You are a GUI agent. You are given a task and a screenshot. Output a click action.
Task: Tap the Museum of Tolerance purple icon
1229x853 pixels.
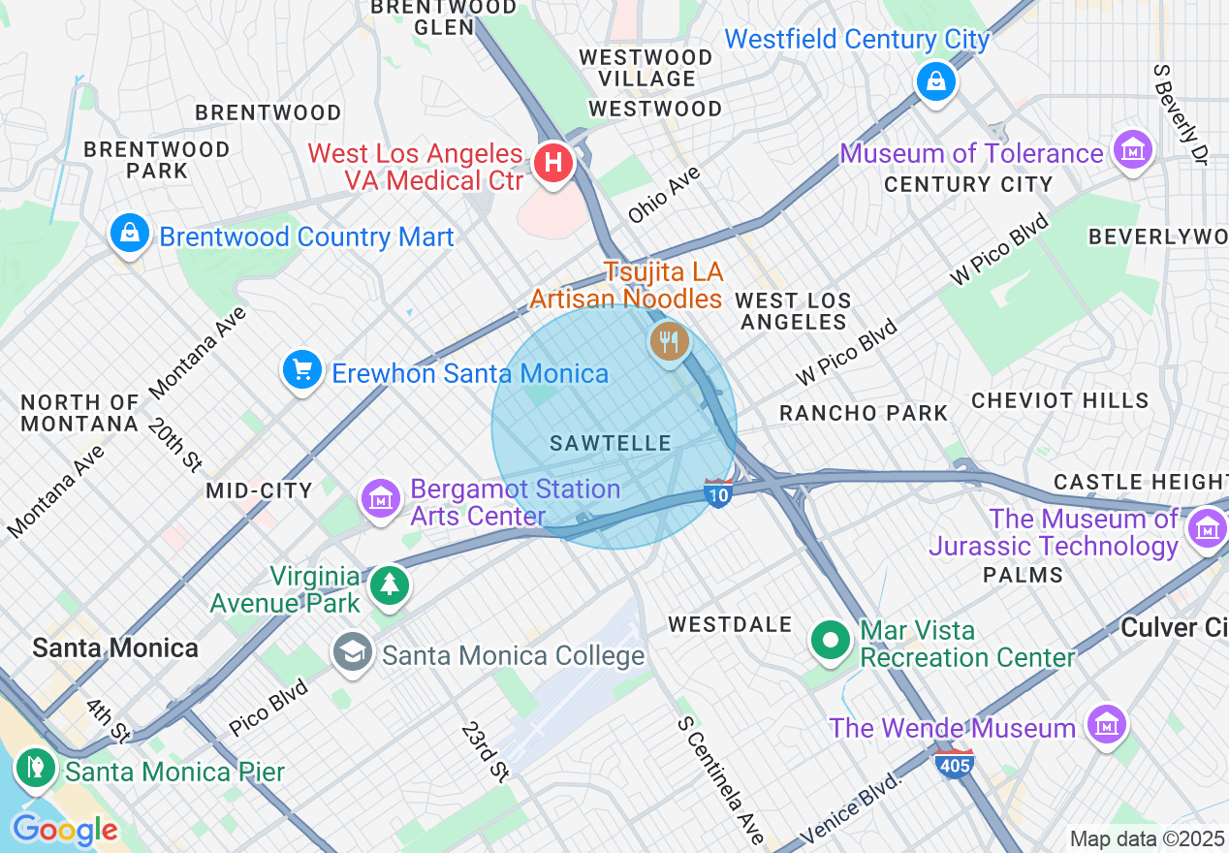point(1133,151)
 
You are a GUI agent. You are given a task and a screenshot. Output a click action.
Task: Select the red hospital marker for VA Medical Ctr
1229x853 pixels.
point(552,161)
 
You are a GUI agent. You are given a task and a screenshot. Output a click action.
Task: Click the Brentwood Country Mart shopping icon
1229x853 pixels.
point(129,234)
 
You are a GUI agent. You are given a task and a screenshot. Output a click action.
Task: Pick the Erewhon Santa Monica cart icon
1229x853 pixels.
point(302,370)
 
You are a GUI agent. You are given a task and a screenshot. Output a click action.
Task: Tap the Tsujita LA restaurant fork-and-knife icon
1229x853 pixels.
point(669,341)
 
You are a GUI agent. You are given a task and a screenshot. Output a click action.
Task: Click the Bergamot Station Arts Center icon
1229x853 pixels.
point(382,499)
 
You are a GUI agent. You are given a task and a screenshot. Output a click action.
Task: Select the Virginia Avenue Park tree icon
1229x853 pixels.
point(390,584)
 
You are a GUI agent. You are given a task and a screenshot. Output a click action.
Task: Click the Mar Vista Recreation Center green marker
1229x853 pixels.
point(831,641)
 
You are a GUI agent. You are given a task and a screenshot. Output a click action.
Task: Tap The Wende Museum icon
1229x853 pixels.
point(1105,724)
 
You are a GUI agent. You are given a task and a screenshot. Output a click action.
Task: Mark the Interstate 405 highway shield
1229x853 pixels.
point(954,763)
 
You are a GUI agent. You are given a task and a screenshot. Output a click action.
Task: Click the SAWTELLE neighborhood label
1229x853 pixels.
point(611,443)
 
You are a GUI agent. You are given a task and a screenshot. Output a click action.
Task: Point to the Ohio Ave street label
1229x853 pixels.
point(664,194)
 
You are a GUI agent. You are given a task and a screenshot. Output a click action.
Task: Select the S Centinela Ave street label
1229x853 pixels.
point(721,780)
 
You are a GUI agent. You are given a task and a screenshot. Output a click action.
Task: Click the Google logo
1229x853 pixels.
point(64,831)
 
